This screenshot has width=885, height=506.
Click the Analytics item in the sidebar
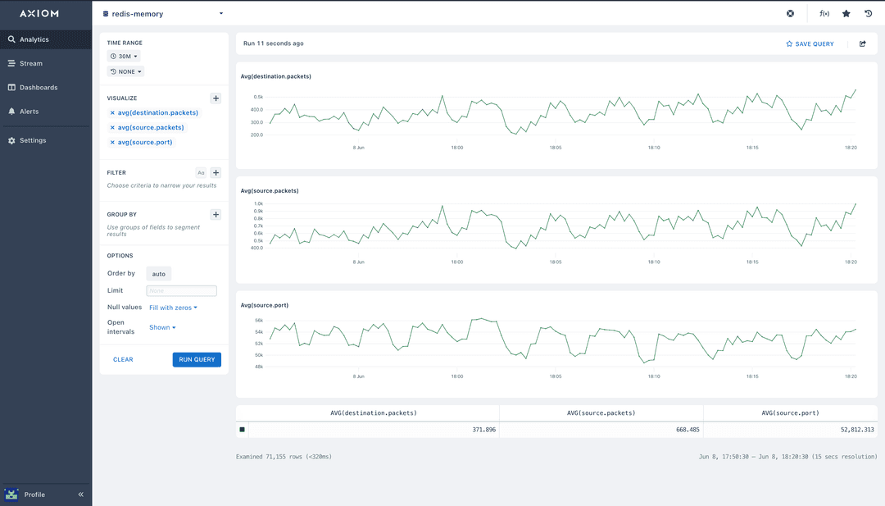point(34,39)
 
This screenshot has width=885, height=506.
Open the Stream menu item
point(31,63)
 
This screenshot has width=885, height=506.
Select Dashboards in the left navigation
point(39,87)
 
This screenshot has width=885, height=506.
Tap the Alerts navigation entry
point(29,111)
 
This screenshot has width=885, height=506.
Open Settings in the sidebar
point(33,140)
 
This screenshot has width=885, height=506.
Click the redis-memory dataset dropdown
point(163,14)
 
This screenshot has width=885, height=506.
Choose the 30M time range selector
point(124,56)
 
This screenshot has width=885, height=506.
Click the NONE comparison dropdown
point(125,71)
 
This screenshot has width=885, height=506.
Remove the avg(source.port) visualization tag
point(112,143)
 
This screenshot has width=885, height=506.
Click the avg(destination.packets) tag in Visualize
point(157,112)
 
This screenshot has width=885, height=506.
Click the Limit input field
point(181,290)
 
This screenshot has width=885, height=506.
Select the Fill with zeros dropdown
point(173,308)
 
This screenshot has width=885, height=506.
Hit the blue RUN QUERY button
point(197,359)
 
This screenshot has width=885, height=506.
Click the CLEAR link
point(123,359)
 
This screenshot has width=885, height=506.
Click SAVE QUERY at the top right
point(810,43)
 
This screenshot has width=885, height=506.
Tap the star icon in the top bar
point(846,14)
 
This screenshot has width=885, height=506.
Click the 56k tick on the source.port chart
point(258,321)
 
